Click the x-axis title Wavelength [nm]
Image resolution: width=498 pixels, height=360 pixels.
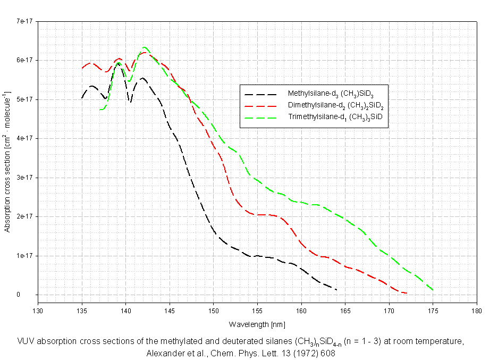click(257, 324)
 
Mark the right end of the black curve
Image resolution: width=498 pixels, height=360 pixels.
click(337, 289)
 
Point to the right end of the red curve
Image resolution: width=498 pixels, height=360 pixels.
click(407, 293)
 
